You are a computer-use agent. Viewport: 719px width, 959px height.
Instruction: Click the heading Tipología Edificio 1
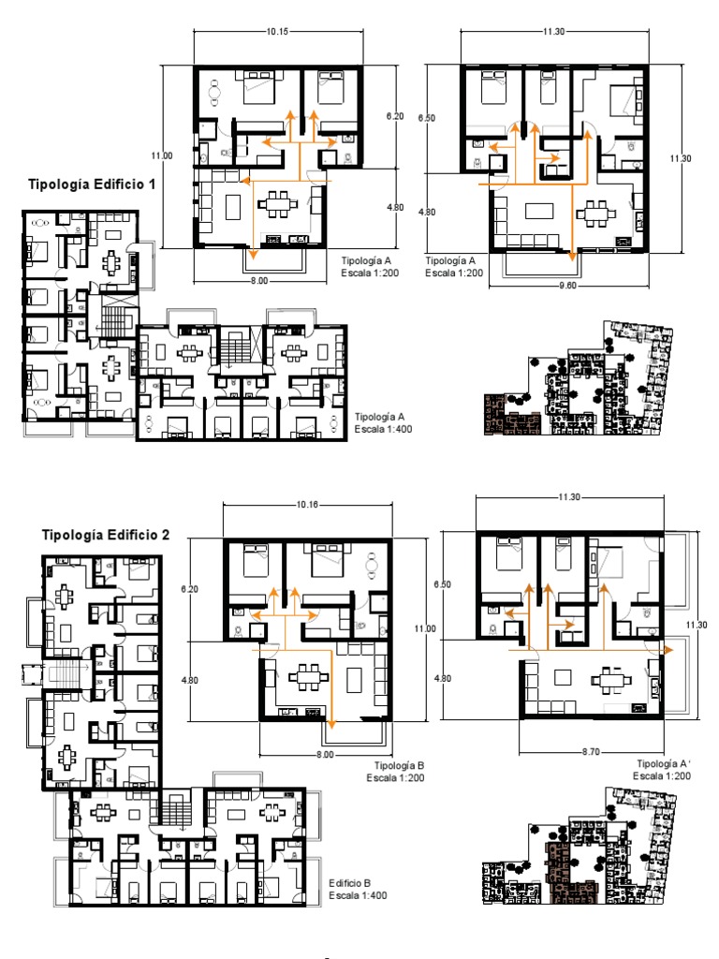click(92, 184)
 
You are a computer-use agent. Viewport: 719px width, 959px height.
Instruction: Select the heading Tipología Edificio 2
click(105, 535)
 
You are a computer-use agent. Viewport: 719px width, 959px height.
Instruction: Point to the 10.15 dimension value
click(277, 31)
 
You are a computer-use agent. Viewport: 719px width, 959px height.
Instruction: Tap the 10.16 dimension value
click(307, 505)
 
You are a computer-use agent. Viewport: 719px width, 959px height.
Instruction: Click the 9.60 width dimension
click(567, 285)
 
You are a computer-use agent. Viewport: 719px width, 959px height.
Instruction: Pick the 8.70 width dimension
click(591, 752)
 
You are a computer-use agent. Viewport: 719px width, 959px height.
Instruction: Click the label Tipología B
click(399, 766)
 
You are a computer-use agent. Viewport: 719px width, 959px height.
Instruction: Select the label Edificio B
click(350, 883)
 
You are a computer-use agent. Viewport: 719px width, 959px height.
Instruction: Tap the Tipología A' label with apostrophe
click(664, 763)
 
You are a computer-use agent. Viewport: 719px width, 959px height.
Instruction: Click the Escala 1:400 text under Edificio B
click(358, 895)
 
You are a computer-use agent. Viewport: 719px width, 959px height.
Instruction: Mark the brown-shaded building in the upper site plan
click(513, 415)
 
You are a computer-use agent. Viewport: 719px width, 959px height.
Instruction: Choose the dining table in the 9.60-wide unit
click(594, 214)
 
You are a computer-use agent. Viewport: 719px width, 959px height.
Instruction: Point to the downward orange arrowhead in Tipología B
click(331, 725)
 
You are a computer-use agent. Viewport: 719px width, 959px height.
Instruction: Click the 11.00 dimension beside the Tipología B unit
click(425, 628)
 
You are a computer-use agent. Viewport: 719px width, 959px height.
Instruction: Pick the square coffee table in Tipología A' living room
click(563, 678)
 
